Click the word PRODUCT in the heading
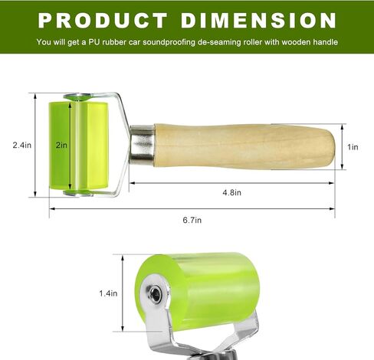[x=103, y=21]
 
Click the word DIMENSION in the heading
[x=258, y=21]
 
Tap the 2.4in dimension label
[x=22, y=145]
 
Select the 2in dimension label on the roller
[x=61, y=145]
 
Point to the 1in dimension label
[x=353, y=147]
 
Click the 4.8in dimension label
[x=231, y=192]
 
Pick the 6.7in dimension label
[x=192, y=220]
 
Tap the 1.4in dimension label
[x=108, y=293]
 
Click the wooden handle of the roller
[x=244, y=146]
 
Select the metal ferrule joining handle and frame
[x=142, y=144]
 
